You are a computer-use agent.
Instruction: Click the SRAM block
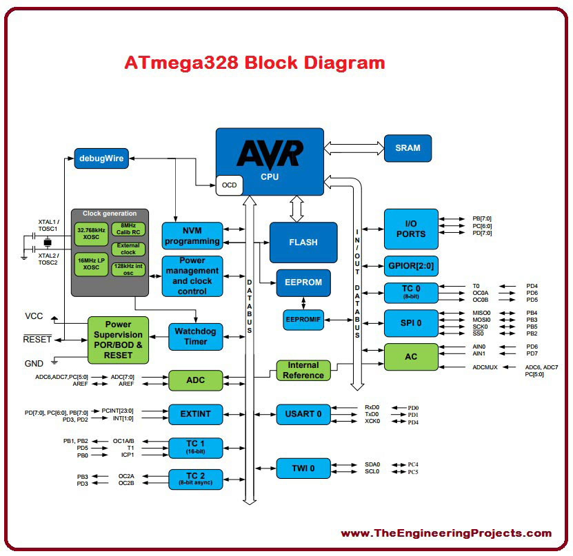408,148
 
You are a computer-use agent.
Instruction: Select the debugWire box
101,158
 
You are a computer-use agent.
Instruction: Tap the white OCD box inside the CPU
229,185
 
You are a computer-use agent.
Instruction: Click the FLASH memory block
303,243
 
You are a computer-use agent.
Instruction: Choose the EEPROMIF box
303,320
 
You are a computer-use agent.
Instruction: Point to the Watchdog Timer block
196,337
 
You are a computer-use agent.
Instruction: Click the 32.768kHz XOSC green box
91,234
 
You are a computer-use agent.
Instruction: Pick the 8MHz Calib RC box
128,229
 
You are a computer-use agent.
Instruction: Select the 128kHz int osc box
128,269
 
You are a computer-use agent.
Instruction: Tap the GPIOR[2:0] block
411,266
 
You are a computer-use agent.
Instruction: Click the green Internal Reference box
303,371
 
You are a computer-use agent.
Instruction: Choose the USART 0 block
303,414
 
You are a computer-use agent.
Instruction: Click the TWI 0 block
303,469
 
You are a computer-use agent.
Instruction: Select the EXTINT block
196,414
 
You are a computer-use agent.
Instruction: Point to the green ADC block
196,380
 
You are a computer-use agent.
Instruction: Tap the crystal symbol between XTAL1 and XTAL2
47,242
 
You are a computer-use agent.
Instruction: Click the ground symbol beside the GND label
54,362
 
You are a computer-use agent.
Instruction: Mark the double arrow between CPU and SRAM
354,148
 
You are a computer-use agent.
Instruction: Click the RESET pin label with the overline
37,339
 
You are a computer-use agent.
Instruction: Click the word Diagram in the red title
345,63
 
